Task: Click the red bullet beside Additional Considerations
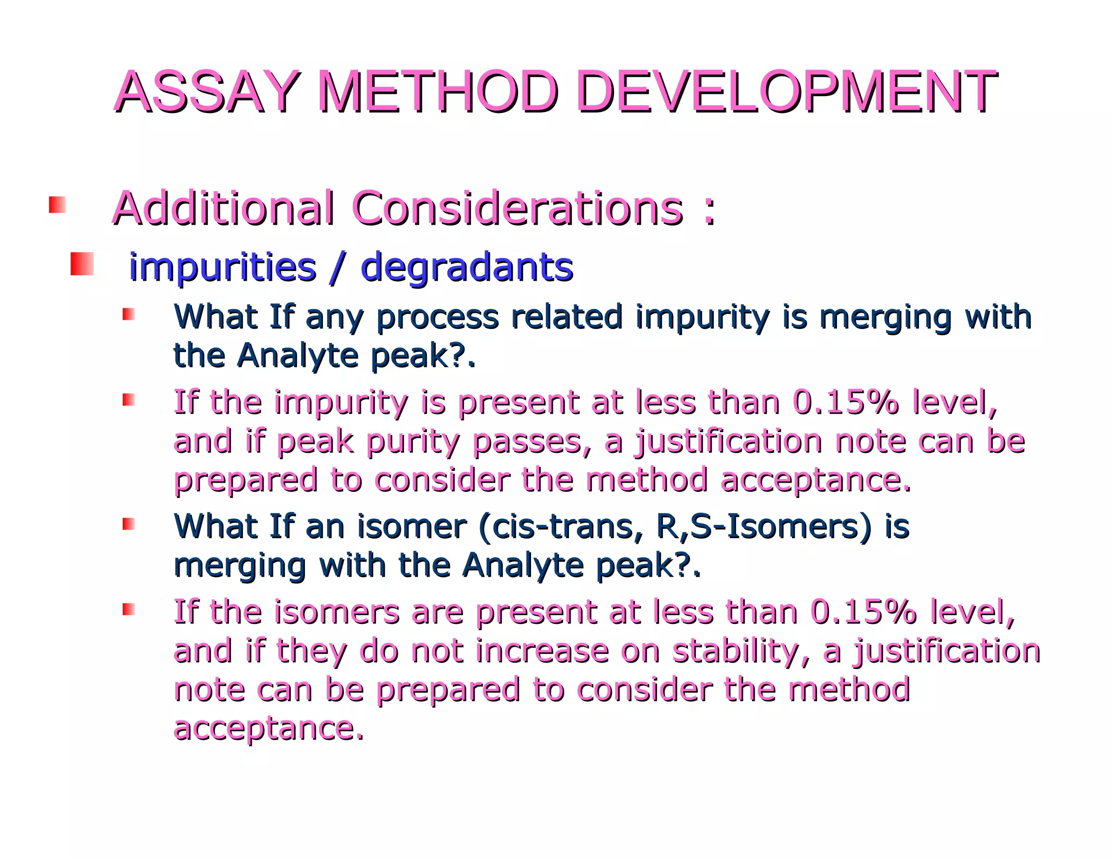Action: (57, 205)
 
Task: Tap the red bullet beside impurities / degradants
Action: (82, 264)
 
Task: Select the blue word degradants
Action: (467, 267)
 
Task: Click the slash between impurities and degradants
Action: (337, 267)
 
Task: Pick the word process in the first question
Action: (437, 317)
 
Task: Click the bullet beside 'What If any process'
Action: (128, 314)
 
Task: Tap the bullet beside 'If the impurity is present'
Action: (128, 400)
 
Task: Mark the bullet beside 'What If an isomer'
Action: (128, 523)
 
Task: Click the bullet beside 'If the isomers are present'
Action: (128, 609)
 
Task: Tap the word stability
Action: (741, 651)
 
